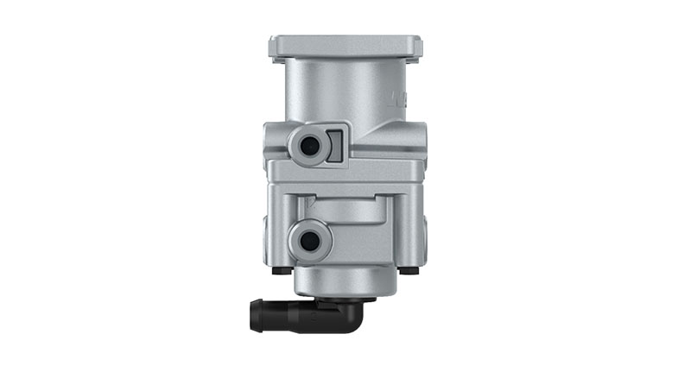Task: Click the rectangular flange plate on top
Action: (x=345, y=47)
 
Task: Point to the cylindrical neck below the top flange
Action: (x=345, y=91)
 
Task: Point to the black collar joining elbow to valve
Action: (x=345, y=301)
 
